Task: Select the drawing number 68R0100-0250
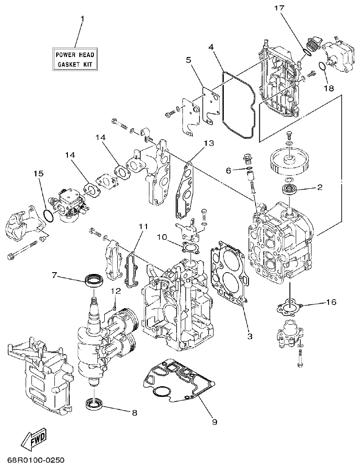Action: (x=36, y=460)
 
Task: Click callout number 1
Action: (x=82, y=19)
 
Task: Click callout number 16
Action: (x=331, y=302)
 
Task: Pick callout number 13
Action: (x=209, y=143)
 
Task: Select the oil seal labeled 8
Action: (x=94, y=403)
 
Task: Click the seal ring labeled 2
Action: (x=288, y=189)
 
